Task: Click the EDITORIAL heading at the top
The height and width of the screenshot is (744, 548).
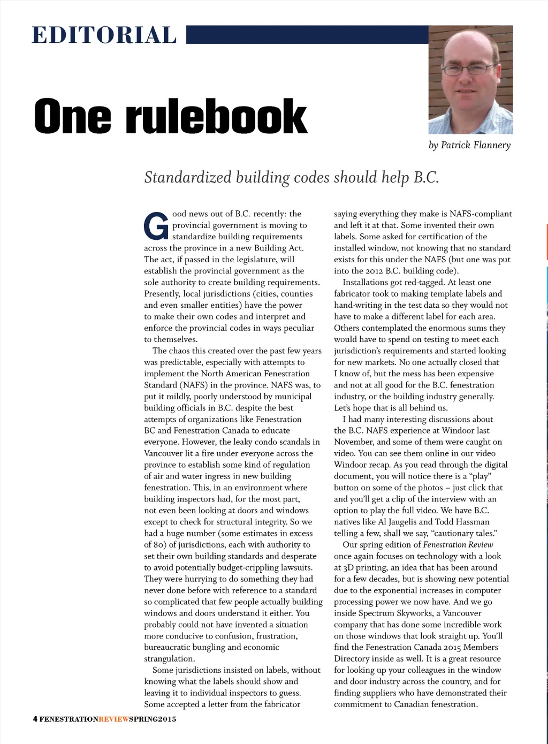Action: coord(104,35)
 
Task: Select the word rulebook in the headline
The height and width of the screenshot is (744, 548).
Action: coord(216,116)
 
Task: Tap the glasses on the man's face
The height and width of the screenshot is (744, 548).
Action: coord(469,69)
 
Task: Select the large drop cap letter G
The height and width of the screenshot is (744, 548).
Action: coord(156,226)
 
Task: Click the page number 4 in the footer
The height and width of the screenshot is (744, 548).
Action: coord(35,719)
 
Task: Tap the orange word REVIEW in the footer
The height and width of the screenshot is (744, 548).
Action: coord(113,719)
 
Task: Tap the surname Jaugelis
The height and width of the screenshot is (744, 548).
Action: coord(404,522)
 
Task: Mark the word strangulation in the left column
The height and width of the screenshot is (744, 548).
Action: coord(168,659)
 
